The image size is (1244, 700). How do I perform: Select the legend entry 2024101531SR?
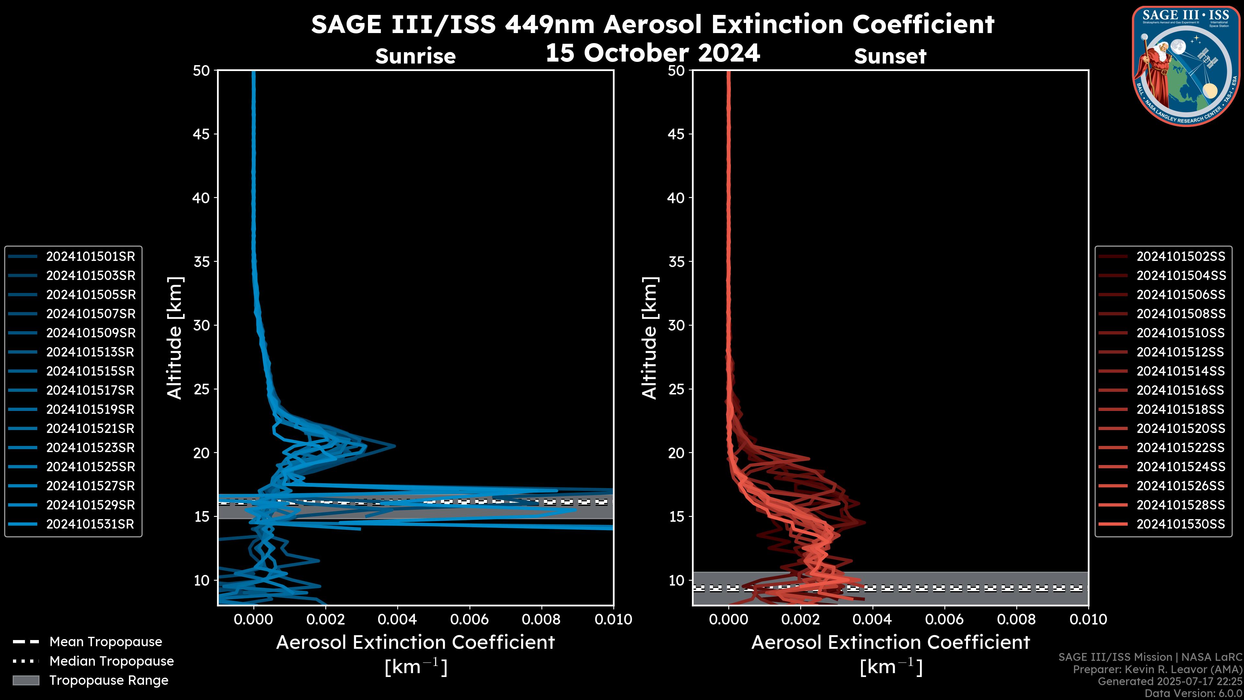pos(90,524)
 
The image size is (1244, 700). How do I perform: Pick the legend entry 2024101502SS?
pos(1180,257)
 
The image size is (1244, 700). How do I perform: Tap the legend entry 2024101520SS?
pos(1180,428)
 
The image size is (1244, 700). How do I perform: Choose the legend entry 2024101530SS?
pos(1180,524)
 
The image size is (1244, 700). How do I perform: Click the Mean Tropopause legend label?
pos(106,642)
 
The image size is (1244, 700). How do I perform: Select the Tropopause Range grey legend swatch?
pos(26,680)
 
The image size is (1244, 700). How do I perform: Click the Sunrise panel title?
pos(415,56)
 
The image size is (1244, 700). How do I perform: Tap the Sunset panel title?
pos(890,56)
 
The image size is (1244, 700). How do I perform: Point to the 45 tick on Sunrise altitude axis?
pos(202,134)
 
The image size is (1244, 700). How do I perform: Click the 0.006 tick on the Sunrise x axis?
pos(469,619)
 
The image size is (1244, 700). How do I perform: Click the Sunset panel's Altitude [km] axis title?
pos(650,338)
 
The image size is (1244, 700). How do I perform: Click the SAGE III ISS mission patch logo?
pos(1187,66)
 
